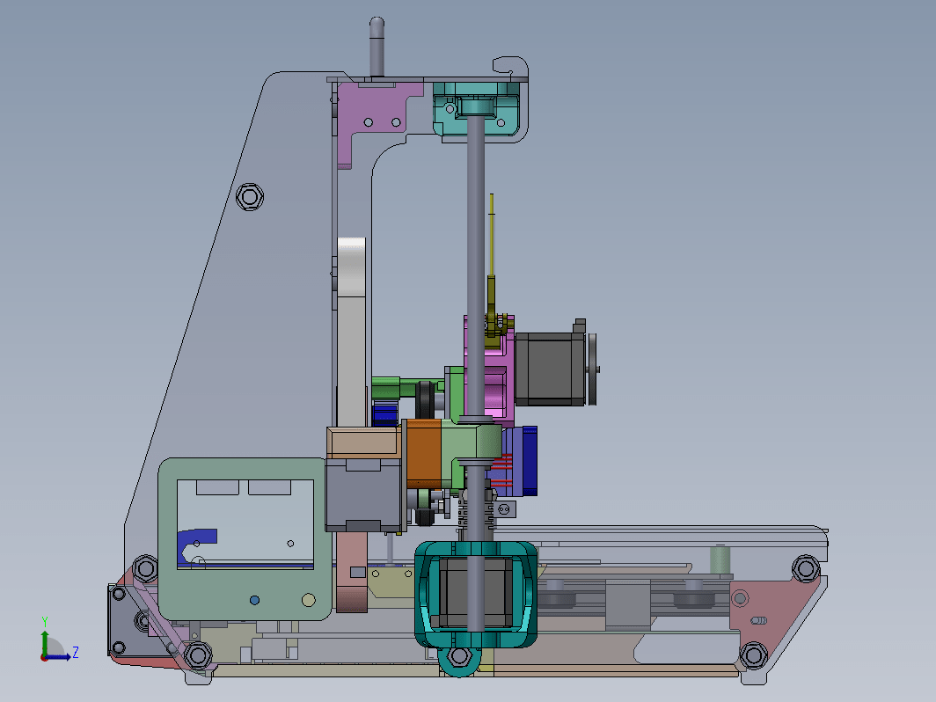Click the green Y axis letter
(x=45, y=622)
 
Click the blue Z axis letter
(x=76, y=652)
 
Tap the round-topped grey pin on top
(x=377, y=47)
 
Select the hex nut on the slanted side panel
(x=250, y=196)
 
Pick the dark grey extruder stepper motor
(x=550, y=369)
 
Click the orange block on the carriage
(x=423, y=453)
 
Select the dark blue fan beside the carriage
(x=530, y=461)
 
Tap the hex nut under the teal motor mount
(x=459, y=656)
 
